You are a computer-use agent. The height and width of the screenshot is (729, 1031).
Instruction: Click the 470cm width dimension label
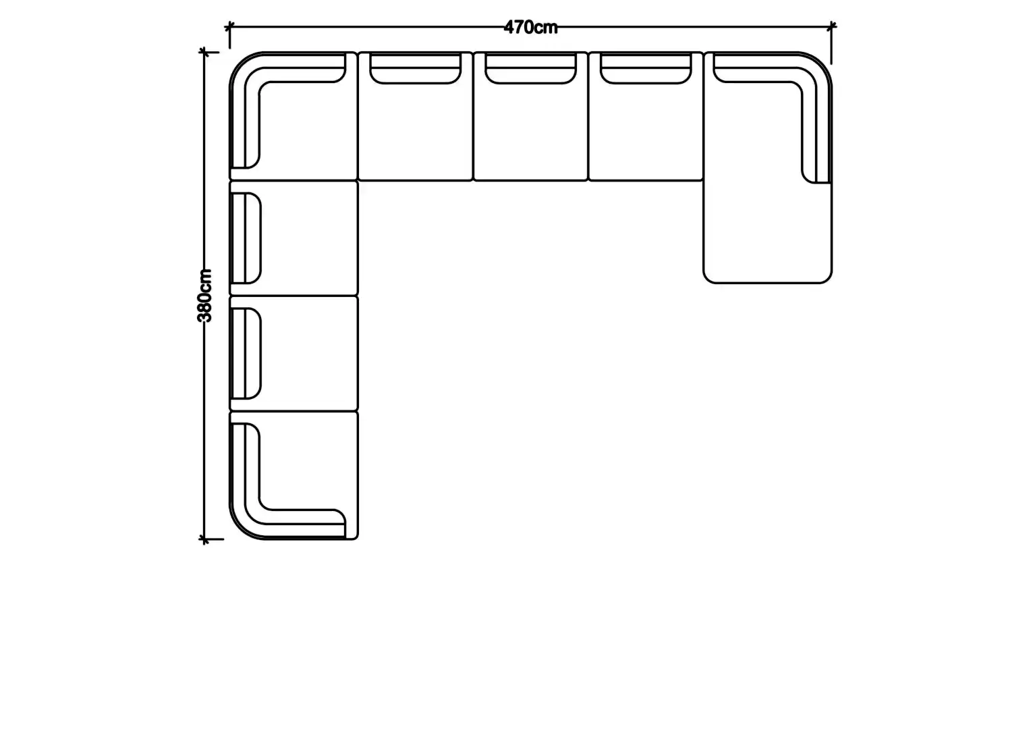pos(531,28)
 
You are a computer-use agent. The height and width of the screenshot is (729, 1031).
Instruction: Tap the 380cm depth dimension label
pos(204,296)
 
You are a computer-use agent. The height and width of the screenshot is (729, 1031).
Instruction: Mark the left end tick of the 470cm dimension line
pos(229,27)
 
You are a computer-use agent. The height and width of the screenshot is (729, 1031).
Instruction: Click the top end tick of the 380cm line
pos(204,52)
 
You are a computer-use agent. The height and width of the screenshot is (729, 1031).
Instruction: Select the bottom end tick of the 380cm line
pos(204,539)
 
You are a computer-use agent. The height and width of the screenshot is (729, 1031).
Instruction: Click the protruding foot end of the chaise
pos(767,233)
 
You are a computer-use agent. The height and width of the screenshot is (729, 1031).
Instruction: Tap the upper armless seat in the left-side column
pos(294,238)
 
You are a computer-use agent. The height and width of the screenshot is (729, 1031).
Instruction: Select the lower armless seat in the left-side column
pos(294,353)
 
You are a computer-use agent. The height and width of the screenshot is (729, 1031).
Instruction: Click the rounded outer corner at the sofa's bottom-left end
pos(240,529)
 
